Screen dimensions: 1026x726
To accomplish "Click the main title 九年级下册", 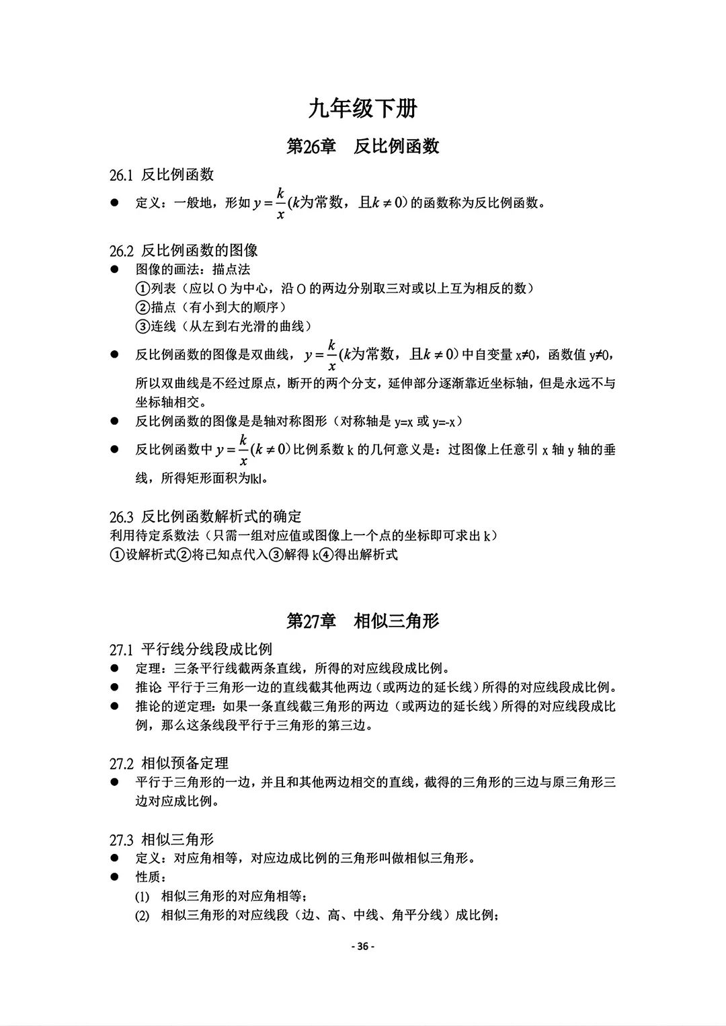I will click(x=363, y=108).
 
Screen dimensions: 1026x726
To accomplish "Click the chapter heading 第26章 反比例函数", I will click(x=363, y=147).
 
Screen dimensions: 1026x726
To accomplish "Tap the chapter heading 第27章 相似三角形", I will click(x=363, y=621).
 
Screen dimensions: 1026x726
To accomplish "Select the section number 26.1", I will click(x=122, y=175).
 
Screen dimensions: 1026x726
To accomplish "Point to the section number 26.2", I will click(x=122, y=251).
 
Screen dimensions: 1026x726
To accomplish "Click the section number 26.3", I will click(x=122, y=517).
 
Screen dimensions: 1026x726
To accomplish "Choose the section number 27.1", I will click(x=122, y=649).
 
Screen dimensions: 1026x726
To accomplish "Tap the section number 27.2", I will click(x=122, y=764).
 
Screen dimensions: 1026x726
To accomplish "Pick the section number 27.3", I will click(x=122, y=840).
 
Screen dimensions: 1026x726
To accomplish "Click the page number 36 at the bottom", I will click(x=363, y=947).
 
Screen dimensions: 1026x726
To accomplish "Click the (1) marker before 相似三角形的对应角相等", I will click(x=142, y=896).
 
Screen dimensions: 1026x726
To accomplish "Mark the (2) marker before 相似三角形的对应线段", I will click(x=142, y=915).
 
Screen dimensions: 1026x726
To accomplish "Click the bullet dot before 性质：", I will click(x=115, y=877).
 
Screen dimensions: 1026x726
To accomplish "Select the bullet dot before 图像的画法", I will click(x=115, y=269).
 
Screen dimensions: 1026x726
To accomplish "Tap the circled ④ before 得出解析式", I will click(x=326, y=555).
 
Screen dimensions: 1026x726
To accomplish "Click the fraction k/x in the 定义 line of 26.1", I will click(x=280, y=202).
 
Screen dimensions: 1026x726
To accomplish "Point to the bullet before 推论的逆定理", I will click(x=115, y=706).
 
